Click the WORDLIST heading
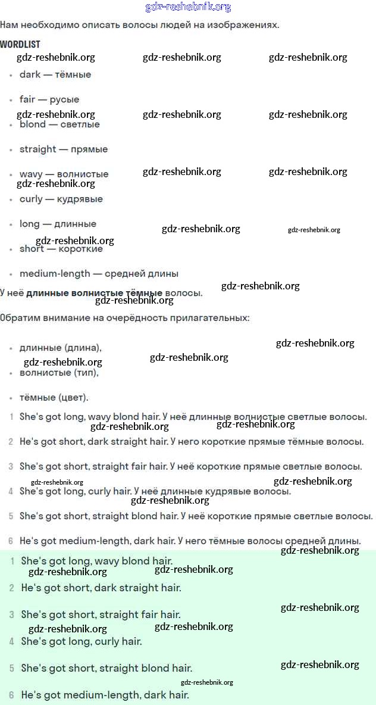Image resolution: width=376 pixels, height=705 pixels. coord(20,45)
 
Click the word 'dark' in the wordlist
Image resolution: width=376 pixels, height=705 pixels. coord(30,74)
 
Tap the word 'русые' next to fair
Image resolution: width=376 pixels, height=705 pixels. coord(64,99)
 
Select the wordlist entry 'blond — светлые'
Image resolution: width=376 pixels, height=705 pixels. coord(59,124)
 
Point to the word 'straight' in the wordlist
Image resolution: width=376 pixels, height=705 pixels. coord(38,149)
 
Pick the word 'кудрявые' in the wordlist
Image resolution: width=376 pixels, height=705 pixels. coord(80,199)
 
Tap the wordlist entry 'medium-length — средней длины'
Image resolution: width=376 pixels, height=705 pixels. coord(99,274)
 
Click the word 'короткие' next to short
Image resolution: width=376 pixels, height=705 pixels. coord(80,249)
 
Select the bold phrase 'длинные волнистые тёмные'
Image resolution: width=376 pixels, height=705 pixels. coord(94,293)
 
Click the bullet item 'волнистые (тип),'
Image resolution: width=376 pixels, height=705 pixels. coord(59,373)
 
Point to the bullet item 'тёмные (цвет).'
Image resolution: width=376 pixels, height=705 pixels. coord(54,397)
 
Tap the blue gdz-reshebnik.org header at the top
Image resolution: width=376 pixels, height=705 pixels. coord(188,7)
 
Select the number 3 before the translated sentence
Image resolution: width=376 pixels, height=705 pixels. coord(11,467)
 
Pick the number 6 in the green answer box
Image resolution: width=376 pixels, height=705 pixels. coord(11,695)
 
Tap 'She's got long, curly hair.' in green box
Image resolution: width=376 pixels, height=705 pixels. coord(82,641)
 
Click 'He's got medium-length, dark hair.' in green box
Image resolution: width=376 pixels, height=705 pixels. coord(105,695)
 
